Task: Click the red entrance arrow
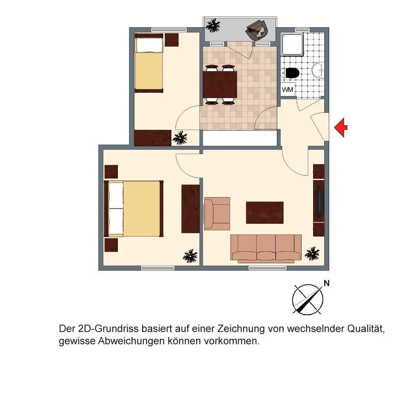click(x=341, y=127)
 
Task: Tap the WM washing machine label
click(x=288, y=89)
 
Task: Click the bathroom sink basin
click(x=318, y=70)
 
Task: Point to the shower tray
click(x=292, y=44)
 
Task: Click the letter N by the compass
click(x=327, y=283)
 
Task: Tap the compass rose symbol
click(x=308, y=300)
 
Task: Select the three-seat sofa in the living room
click(x=266, y=248)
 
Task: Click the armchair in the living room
click(x=217, y=213)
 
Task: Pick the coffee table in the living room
click(x=265, y=213)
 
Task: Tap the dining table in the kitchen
click(x=220, y=84)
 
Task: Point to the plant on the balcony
click(x=213, y=26)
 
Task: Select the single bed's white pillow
click(x=149, y=45)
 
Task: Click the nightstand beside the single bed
click(x=171, y=40)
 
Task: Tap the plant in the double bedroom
click(x=190, y=256)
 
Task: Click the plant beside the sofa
click(x=312, y=253)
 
